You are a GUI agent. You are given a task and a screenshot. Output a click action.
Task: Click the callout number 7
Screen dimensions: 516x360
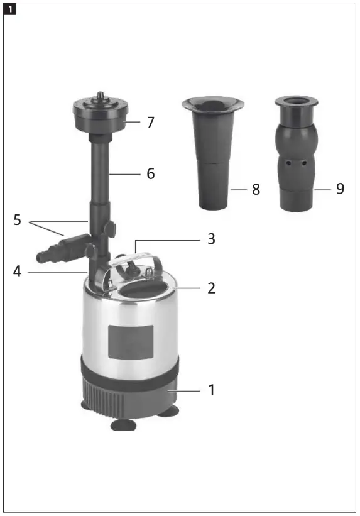pyautogui.click(x=150, y=123)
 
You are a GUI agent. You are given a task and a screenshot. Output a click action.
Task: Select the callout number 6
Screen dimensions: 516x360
pyautogui.click(x=150, y=173)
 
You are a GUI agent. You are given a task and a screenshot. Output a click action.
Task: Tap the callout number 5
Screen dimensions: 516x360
pyautogui.click(x=18, y=221)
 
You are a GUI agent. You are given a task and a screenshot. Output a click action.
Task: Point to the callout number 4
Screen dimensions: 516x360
pyautogui.click(x=18, y=272)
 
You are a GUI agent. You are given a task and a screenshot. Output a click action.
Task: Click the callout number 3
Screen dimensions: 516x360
pyautogui.click(x=211, y=239)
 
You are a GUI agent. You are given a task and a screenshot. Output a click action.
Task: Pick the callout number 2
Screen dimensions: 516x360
pyautogui.click(x=211, y=288)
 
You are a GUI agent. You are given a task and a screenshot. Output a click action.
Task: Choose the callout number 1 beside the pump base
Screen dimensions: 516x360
pyautogui.click(x=211, y=390)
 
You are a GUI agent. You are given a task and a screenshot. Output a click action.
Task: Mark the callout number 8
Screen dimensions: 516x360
pyautogui.click(x=256, y=189)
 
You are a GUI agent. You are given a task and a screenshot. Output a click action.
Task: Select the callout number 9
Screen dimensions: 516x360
pyautogui.click(x=340, y=189)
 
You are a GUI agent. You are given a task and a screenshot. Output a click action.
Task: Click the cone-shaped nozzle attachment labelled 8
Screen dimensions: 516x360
pyautogui.click(x=213, y=151)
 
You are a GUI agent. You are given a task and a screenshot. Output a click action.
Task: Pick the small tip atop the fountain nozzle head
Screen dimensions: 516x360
pyautogui.click(x=99, y=97)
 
